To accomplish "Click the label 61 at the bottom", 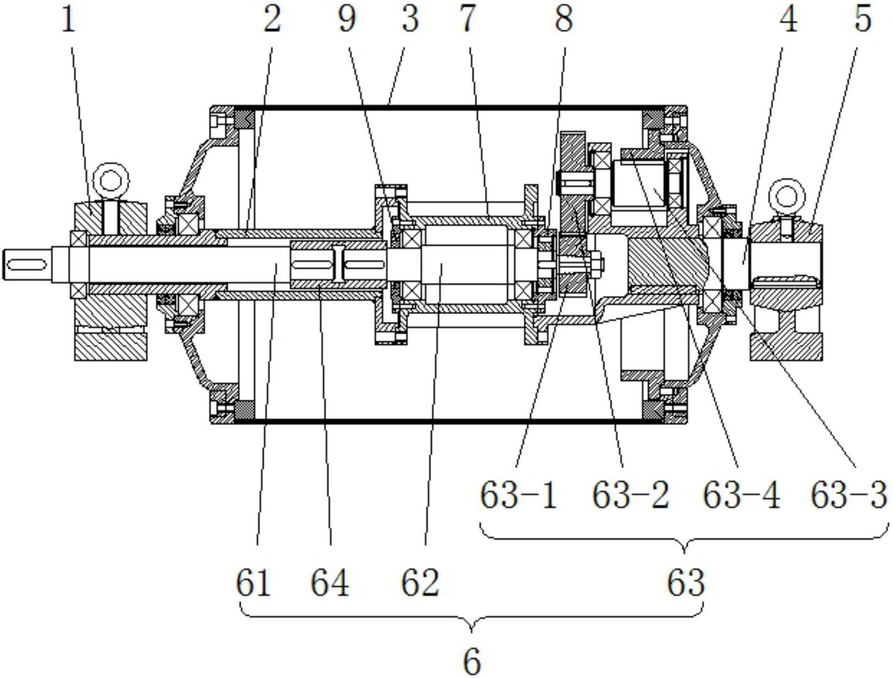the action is click(254, 583).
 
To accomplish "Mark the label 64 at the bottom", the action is click(330, 583).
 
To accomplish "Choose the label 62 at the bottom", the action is click(421, 583).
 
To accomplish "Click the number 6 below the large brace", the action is click(472, 662).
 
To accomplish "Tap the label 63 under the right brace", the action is click(686, 583).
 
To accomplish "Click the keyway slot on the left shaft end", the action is click(26, 265).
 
